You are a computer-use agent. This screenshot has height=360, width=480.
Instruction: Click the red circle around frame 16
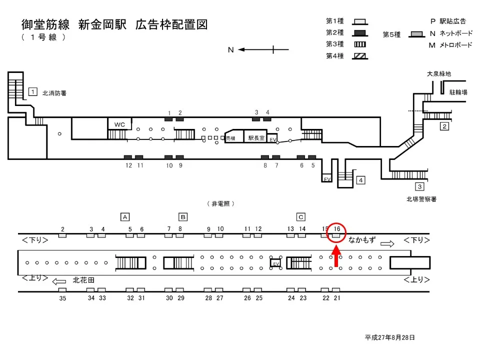pos(337,231)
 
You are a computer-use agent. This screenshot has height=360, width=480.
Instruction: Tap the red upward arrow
pos(336,255)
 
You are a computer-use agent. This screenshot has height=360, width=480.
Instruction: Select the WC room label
pos(119,124)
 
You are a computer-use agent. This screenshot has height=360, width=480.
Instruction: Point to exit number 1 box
pos(32,91)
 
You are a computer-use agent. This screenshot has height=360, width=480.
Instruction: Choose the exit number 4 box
pos(360,180)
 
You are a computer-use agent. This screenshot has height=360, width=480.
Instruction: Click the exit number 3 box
pos(420,187)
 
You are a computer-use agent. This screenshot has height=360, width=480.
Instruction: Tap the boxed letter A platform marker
pos(125,216)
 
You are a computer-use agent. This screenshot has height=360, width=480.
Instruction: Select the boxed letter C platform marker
pos(300,216)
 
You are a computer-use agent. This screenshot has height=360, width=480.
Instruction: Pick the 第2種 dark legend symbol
pos(359,33)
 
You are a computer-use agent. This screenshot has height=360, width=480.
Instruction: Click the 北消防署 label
pos(54,93)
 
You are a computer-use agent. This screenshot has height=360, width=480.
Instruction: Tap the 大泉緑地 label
pos(438,74)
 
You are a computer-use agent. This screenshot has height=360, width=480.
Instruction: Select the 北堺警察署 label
pos(421,199)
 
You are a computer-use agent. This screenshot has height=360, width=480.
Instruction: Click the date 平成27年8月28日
pos(389,338)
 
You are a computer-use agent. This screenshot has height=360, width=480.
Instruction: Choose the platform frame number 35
pos(62,298)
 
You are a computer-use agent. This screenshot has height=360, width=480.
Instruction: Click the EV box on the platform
pos(275,262)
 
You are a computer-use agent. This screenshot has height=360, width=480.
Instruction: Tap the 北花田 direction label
pos(83,280)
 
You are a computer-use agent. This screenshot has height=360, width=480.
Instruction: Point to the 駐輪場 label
pos(458,92)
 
